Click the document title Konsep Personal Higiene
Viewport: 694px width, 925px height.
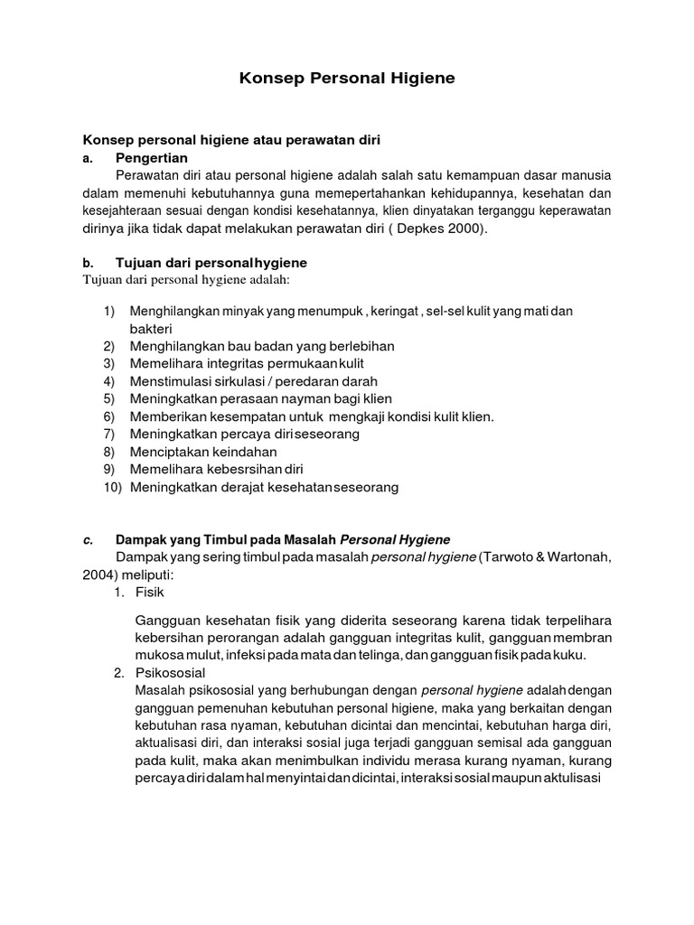pyautogui.click(x=347, y=79)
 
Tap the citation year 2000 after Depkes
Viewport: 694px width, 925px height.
pyautogui.click(x=464, y=229)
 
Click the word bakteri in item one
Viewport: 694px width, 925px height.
pyautogui.click(x=151, y=328)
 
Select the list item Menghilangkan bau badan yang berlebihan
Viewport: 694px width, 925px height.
pyautogui.click(x=262, y=346)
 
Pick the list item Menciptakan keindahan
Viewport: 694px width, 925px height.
pyautogui.click(x=203, y=452)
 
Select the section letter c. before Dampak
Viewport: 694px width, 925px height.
pyautogui.click(x=89, y=539)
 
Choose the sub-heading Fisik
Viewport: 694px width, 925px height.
pyautogui.click(x=151, y=593)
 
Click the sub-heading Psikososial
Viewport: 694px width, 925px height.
pyautogui.click(x=171, y=673)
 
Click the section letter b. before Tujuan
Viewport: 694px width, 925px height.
pyautogui.click(x=89, y=262)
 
